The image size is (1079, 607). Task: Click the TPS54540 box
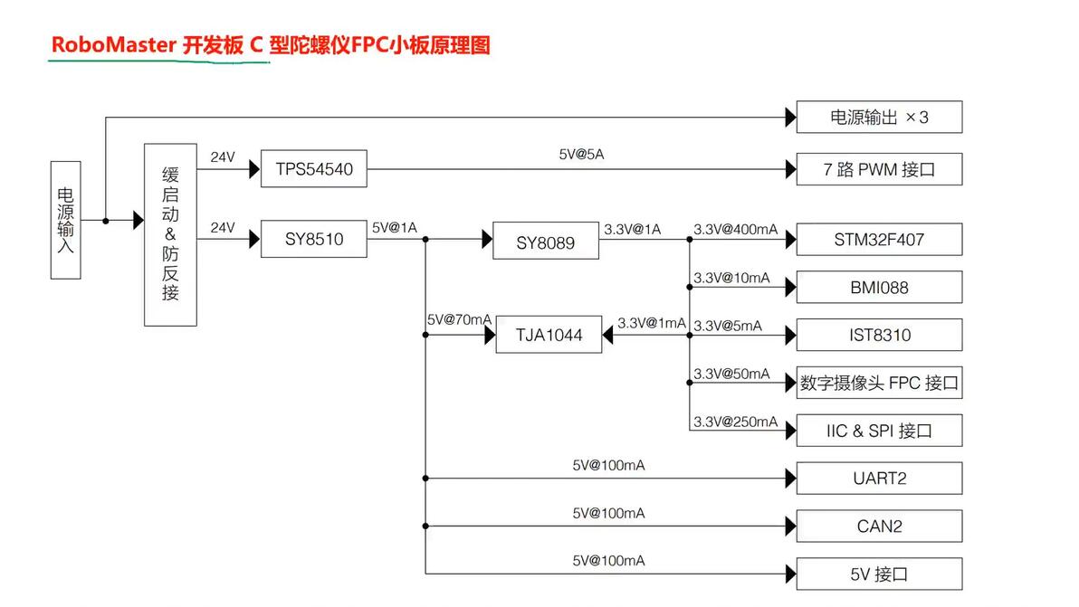(x=313, y=169)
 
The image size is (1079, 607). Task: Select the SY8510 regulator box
(x=313, y=240)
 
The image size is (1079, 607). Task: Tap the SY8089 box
(x=545, y=242)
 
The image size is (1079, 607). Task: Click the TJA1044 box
(x=549, y=336)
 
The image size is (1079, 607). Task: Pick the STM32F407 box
(x=878, y=240)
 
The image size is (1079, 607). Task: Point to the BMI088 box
(x=878, y=288)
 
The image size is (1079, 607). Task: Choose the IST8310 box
(x=878, y=336)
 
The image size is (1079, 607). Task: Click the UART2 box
(x=878, y=478)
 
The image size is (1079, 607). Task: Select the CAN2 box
(x=878, y=526)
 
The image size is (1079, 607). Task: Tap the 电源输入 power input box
(x=66, y=220)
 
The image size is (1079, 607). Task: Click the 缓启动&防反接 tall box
(x=170, y=234)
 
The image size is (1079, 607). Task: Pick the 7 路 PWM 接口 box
(x=878, y=169)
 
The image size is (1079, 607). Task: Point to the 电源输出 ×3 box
(x=878, y=118)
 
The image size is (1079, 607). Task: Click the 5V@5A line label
(x=581, y=155)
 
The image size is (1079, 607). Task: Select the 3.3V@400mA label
(x=735, y=230)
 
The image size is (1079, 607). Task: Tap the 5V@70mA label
(x=459, y=320)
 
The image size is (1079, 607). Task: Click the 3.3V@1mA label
(x=651, y=323)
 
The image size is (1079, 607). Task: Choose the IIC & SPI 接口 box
(x=878, y=431)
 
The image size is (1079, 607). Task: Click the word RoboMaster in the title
(x=113, y=45)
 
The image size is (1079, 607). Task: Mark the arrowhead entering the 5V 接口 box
(x=790, y=574)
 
